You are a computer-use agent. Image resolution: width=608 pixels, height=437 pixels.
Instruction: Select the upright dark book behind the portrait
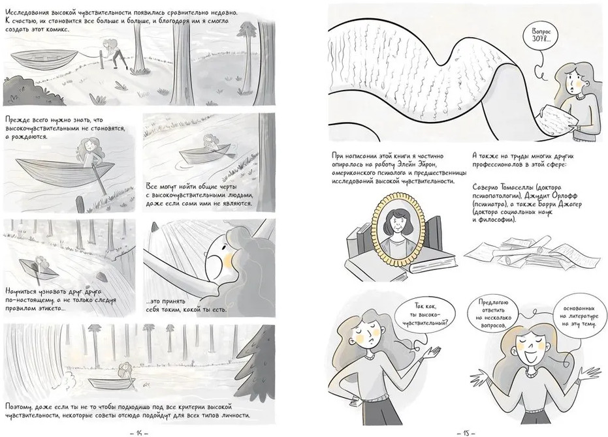[x=433, y=236]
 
